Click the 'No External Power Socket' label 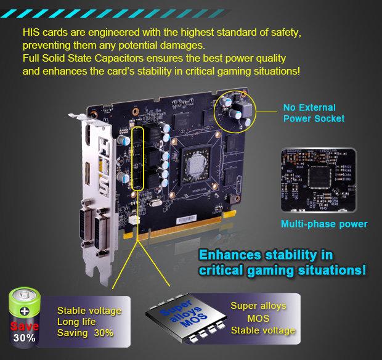click(314, 112)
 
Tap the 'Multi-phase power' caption click(324, 224)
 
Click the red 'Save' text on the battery click(25, 325)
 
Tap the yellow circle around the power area click(235, 112)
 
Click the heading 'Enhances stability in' click(267, 254)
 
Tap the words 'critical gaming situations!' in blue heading click(282, 269)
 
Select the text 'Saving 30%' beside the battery click(86, 333)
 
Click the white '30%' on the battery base click(25, 338)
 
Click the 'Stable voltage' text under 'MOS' click(263, 330)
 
